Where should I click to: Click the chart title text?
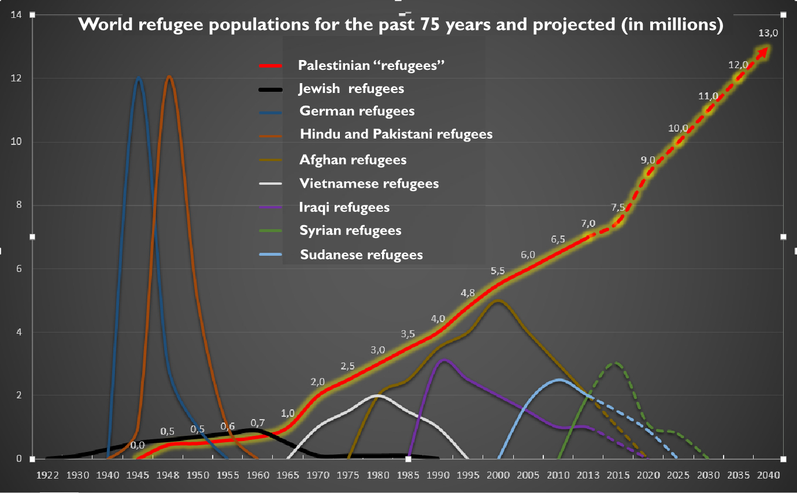tap(401, 25)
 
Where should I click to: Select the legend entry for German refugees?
tap(357, 111)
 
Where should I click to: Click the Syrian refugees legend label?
tap(350, 230)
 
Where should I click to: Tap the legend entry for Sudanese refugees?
tap(361, 255)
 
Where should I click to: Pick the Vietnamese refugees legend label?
tap(369, 184)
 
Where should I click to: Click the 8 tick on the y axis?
tap(19, 205)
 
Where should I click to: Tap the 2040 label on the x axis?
tap(768, 476)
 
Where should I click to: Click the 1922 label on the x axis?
tap(47, 476)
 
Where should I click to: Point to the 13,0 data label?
tap(768, 33)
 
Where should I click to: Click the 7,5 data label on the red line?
tap(617, 208)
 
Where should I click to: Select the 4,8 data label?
tap(468, 293)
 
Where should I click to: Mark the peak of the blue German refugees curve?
tap(139, 78)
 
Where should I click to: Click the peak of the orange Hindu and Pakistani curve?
tap(169, 77)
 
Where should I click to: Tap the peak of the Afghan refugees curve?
tap(498, 301)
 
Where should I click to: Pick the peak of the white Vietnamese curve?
tap(377, 395)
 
